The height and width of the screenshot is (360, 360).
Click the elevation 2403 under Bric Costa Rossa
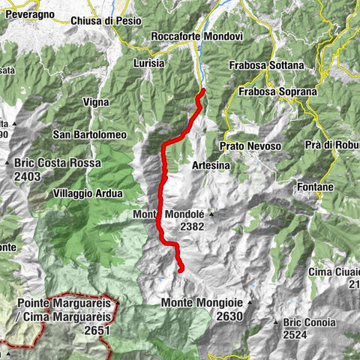pos(32,174)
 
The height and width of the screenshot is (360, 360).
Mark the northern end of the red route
pos(202,91)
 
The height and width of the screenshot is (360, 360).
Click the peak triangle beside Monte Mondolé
pos(211,214)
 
